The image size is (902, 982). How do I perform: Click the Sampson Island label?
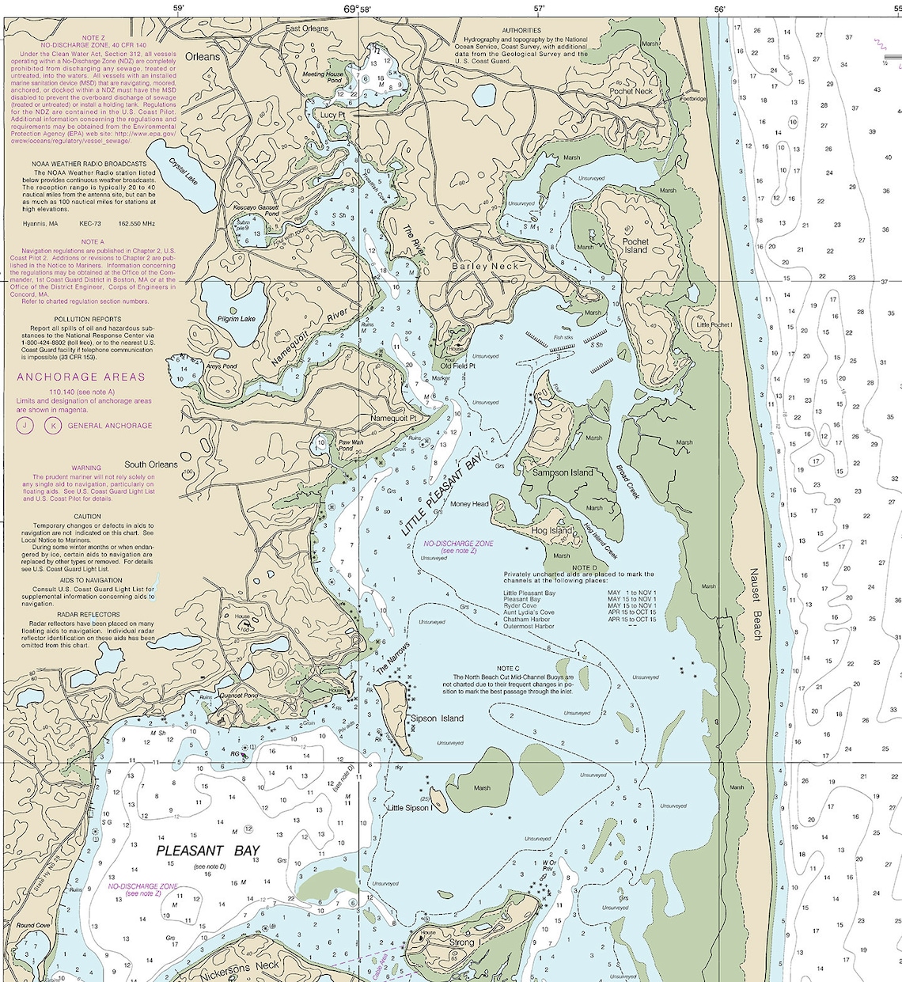click(563, 472)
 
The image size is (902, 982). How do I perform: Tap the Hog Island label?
click(551, 531)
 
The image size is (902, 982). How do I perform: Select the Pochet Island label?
click(635, 245)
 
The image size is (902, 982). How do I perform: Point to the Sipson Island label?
click(437, 718)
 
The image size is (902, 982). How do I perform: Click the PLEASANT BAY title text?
click(207, 851)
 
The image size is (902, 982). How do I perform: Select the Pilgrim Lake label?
click(237, 319)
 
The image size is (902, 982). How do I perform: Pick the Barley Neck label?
click(485, 267)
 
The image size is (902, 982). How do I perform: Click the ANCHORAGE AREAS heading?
click(81, 377)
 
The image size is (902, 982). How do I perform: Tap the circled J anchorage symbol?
click(25, 426)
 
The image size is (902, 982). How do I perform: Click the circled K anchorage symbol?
click(52, 426)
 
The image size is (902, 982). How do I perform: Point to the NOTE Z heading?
click(93, 38)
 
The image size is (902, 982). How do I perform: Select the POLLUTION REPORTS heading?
click(88, 320)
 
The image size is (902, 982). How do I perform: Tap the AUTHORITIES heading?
click(521, 31)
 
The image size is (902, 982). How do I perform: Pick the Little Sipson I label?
click(407, 808)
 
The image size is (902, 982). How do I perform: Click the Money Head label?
click(469, 504)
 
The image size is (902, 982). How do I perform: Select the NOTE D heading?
click(584, 567)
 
